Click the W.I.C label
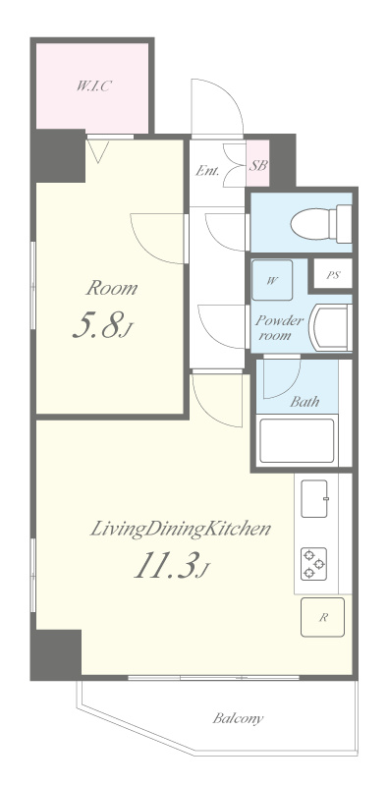point(93,85)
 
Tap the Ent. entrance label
point(207,170)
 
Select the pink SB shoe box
point(257,165)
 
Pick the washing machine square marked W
point(272,280)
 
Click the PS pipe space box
point(333,274)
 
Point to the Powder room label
point(279,328)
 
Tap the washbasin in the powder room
point(330,327)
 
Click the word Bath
point(305,402)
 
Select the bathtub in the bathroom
point(297,440)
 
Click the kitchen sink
point(314,498)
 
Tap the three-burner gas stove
point(313,563)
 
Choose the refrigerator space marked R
point(322,617)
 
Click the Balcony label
point(238,718)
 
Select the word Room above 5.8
point(111,288)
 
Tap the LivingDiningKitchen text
point(181,530)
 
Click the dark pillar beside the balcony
point(56,653)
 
